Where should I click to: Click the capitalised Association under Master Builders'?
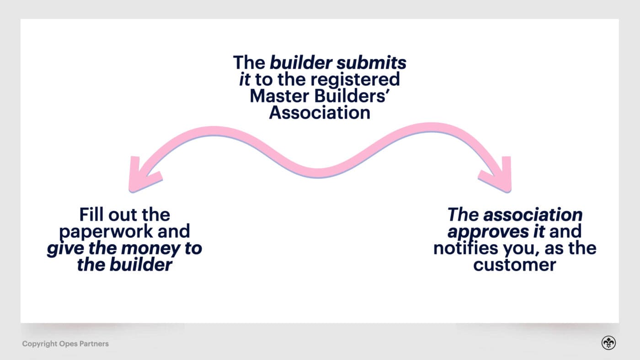(320, 112)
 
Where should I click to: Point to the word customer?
(514, 265)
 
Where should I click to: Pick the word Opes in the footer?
(68, 344)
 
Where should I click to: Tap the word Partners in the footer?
(94, 344)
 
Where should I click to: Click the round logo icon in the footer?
(608, 343)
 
